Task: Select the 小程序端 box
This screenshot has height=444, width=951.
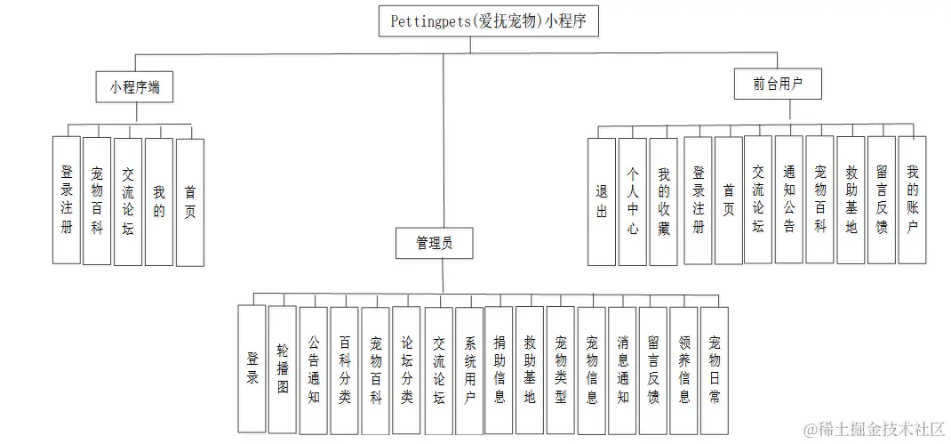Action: point(134,87)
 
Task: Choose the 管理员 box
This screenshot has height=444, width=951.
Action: point(433,243)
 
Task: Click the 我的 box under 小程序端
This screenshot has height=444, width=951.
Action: point(158,201)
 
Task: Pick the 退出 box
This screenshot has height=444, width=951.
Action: point(602,202)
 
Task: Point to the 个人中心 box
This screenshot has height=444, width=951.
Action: point(633,202)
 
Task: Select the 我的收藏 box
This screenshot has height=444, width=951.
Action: point(663,202)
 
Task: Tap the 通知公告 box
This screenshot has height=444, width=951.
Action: point(788,199)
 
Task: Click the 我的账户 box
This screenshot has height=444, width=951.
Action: point(912,199)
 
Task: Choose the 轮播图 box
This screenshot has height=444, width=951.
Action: point(283,369)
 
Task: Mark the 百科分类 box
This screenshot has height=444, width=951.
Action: point(344,369)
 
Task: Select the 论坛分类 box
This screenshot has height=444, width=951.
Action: point(406,369)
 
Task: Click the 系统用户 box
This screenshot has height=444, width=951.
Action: point(468,369)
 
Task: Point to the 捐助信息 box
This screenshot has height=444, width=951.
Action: point(499,369)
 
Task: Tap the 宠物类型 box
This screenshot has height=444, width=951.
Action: point(560,369)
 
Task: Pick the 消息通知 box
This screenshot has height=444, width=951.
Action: point(622,369)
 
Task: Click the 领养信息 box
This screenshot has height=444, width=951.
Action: point(683,369)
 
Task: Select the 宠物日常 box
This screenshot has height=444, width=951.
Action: point(715,369)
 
